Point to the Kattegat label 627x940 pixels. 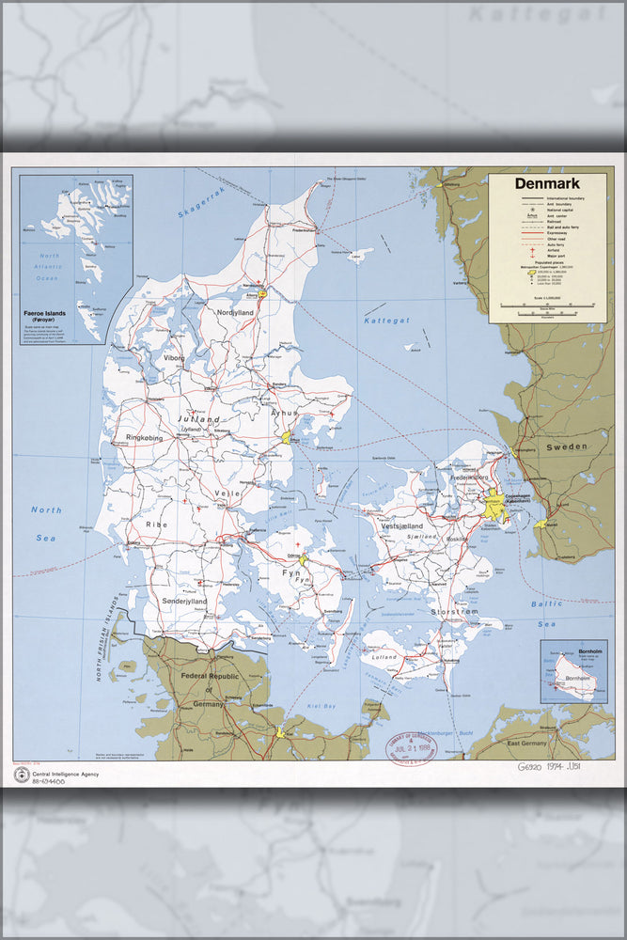[387, 321]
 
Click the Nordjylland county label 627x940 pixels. [236, 312]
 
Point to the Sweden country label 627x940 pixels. [567, 446]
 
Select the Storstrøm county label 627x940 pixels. [453, 612]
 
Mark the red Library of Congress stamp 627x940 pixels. [411, 748]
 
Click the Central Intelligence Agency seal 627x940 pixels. [21, 775]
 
